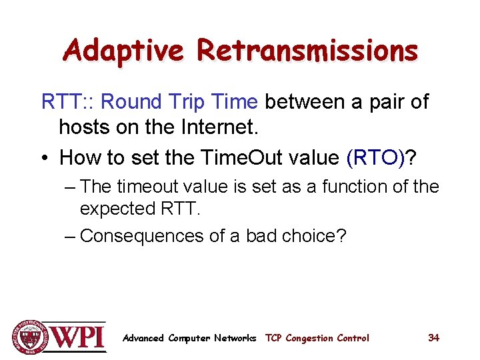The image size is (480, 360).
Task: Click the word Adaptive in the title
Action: point(123,50)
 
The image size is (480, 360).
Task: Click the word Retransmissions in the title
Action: point(307,50)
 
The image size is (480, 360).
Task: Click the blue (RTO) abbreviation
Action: point(377,158)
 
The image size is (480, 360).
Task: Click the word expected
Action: point(117,209)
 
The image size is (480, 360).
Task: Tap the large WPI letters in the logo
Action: point(78,337)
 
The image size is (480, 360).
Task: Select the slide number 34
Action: point(433,337)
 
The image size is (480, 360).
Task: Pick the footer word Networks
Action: point(235,338)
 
